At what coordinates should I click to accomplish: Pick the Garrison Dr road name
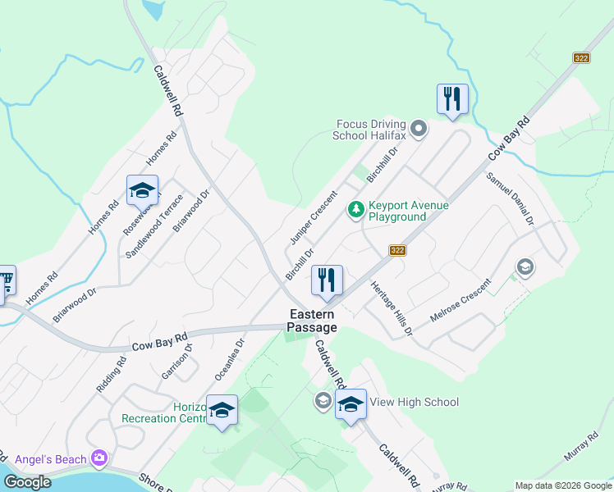click(176, 362)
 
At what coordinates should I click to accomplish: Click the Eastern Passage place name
click(311, 321)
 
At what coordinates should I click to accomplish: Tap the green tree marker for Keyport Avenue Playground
click(356, 210)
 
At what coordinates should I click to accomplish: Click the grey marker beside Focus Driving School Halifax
click(419, 129)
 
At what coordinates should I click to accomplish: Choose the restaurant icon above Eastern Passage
click(327, 280)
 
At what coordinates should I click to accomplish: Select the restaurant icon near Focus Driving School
click(452, 99)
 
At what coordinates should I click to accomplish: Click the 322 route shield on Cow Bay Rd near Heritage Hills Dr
click(398, 251)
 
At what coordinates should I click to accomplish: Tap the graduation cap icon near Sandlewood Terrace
click(142, 191)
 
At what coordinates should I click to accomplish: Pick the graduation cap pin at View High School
click(351, 405)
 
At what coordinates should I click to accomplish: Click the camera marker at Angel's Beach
click(100, 457)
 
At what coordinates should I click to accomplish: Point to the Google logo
click(27, 482)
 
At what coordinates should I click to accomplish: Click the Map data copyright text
click(562, 485)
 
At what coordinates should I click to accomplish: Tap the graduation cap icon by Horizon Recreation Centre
click(222, 409)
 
